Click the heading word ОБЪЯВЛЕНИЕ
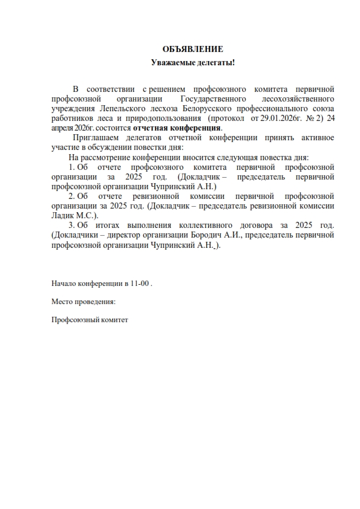tap(192, 49)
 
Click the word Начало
tap(65, 283)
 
